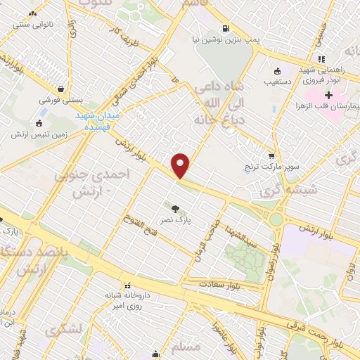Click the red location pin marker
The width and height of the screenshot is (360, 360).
point(181,165)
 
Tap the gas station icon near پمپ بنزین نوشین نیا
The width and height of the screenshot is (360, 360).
point(224,29)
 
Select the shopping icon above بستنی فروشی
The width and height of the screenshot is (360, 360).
point(65,89)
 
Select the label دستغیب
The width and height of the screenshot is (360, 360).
point(278,81)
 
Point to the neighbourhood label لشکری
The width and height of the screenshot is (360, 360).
point(63,328)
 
